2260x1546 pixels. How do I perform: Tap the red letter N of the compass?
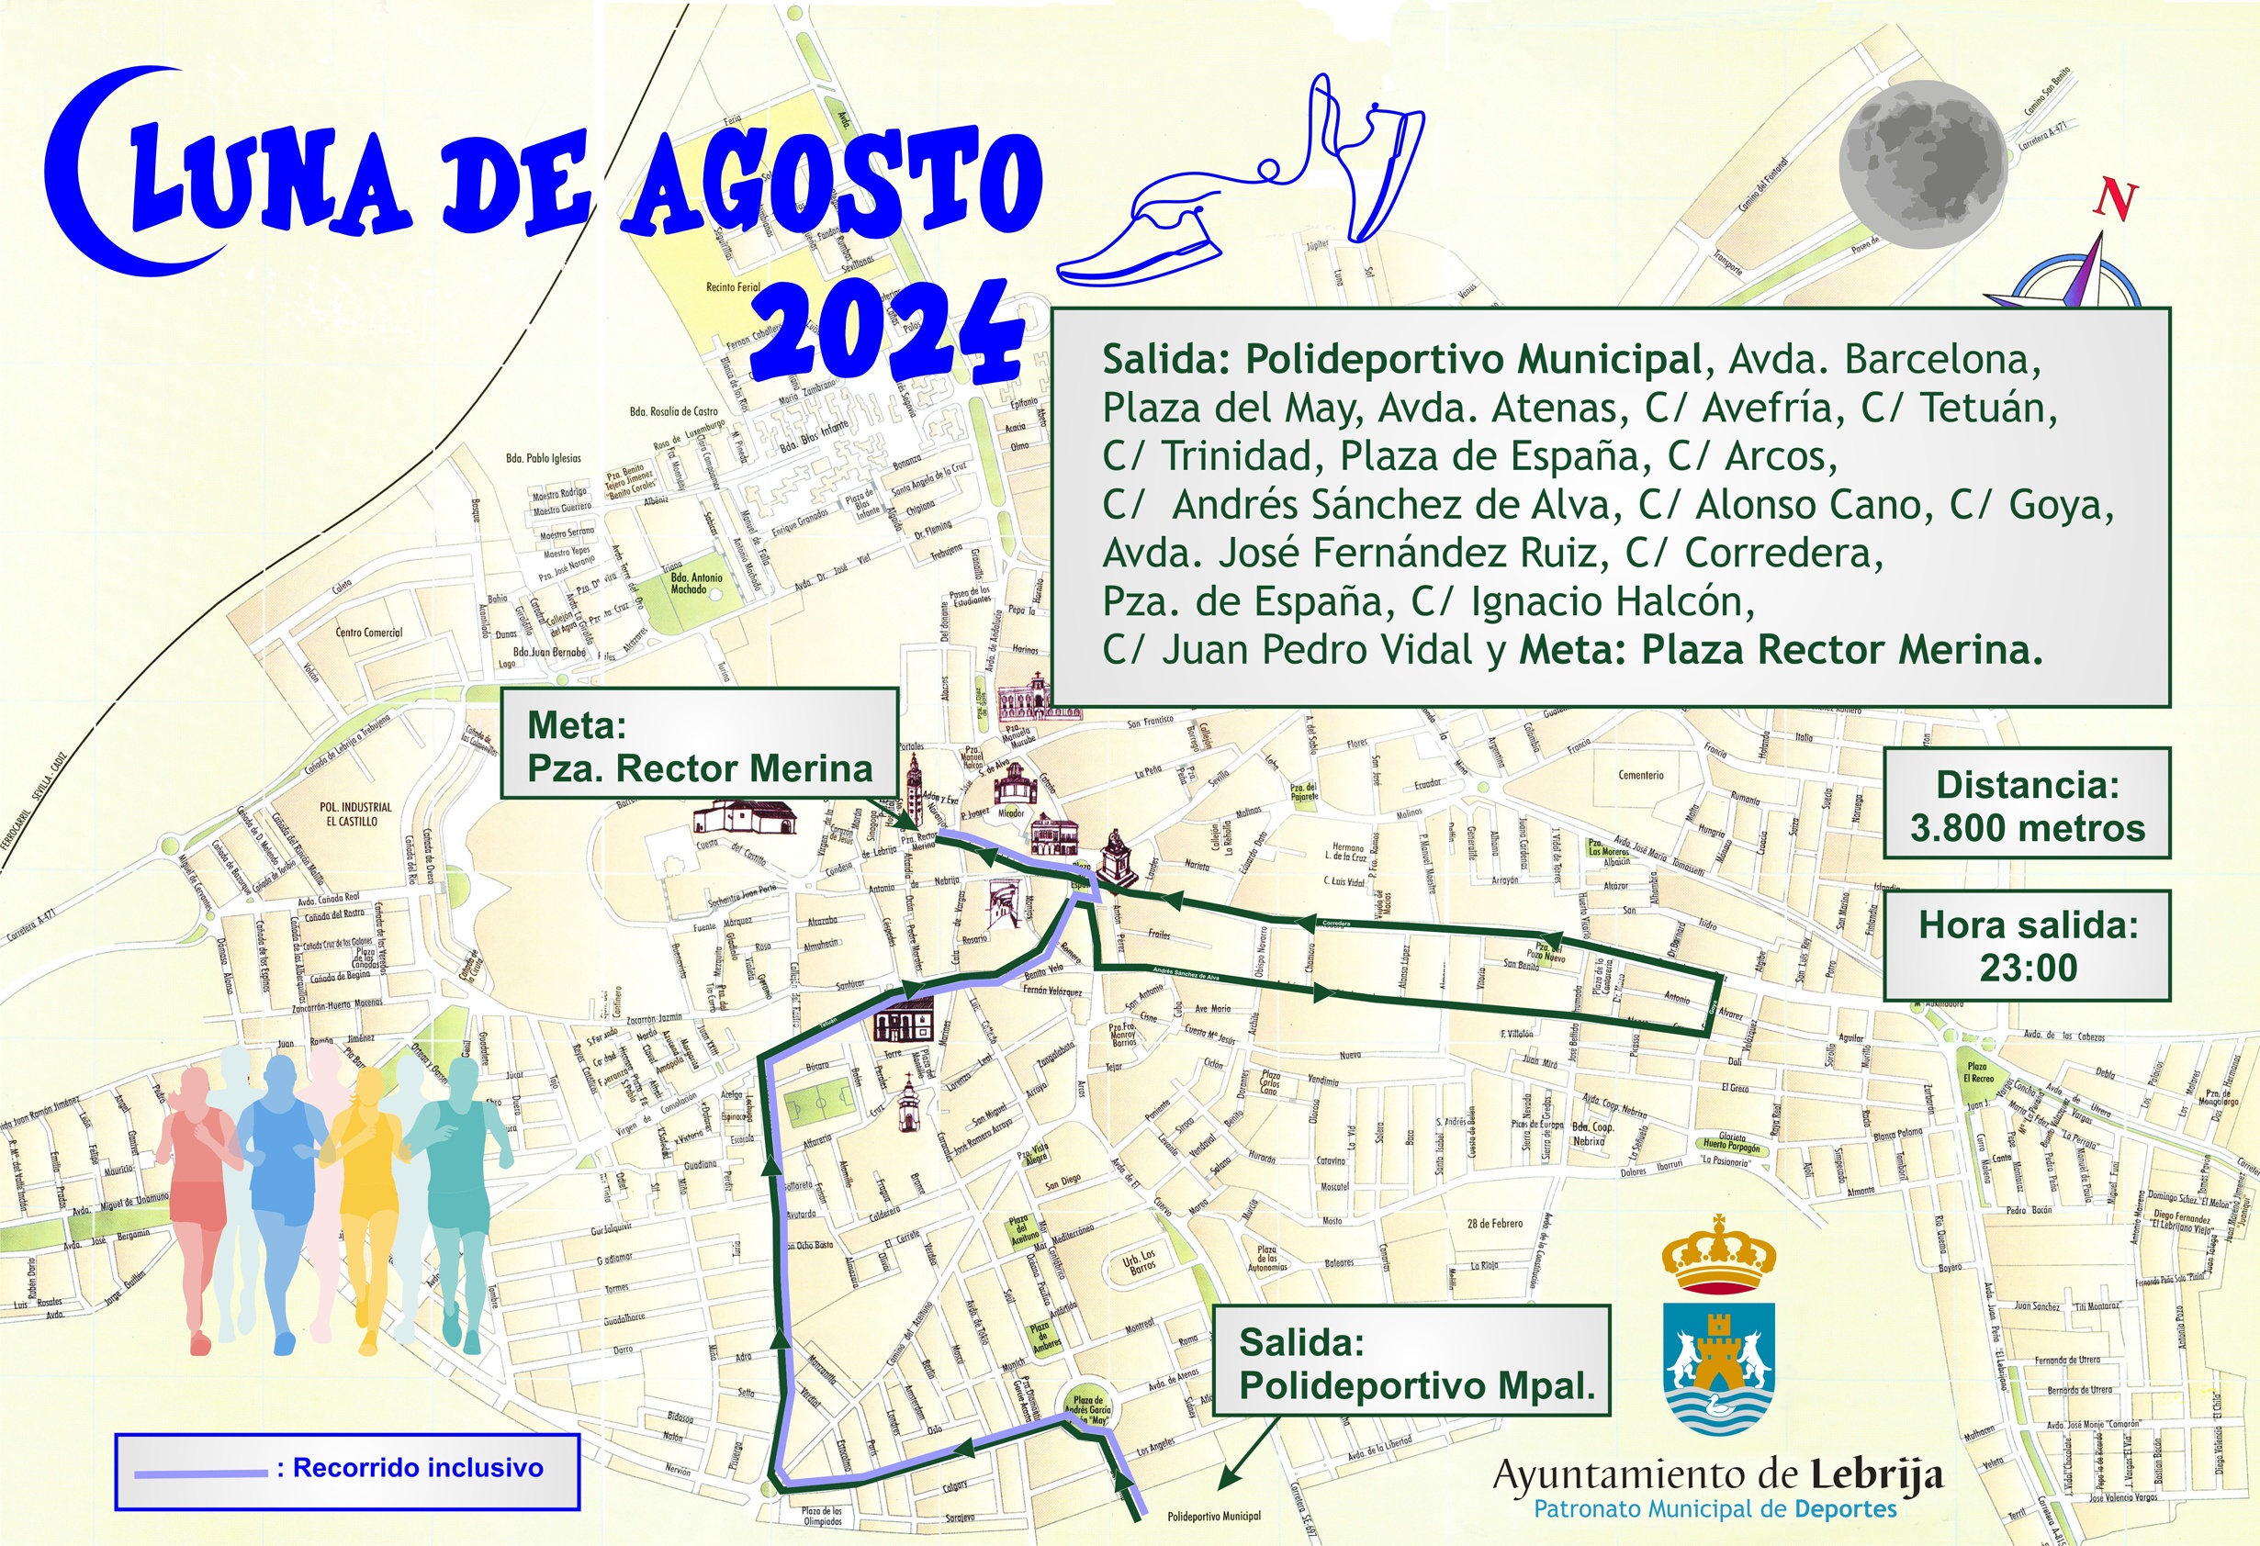coord(2116,198)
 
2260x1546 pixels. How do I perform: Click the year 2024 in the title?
coord(891,333)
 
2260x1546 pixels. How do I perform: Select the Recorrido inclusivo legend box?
coord(347,1471)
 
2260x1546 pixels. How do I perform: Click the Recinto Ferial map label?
coord(733,286)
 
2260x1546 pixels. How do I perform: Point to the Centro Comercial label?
coord(368,632)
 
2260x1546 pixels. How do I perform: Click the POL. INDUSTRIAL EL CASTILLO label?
coord(355,813)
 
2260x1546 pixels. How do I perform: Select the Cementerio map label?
coord(1640,775)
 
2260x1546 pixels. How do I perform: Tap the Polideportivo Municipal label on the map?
coord(1214,1516)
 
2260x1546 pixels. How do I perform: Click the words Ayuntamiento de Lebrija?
coord(1717,1475)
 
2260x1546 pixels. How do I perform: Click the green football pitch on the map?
coord(819,1104)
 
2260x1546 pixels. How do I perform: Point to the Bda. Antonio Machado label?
coord(696,583)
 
